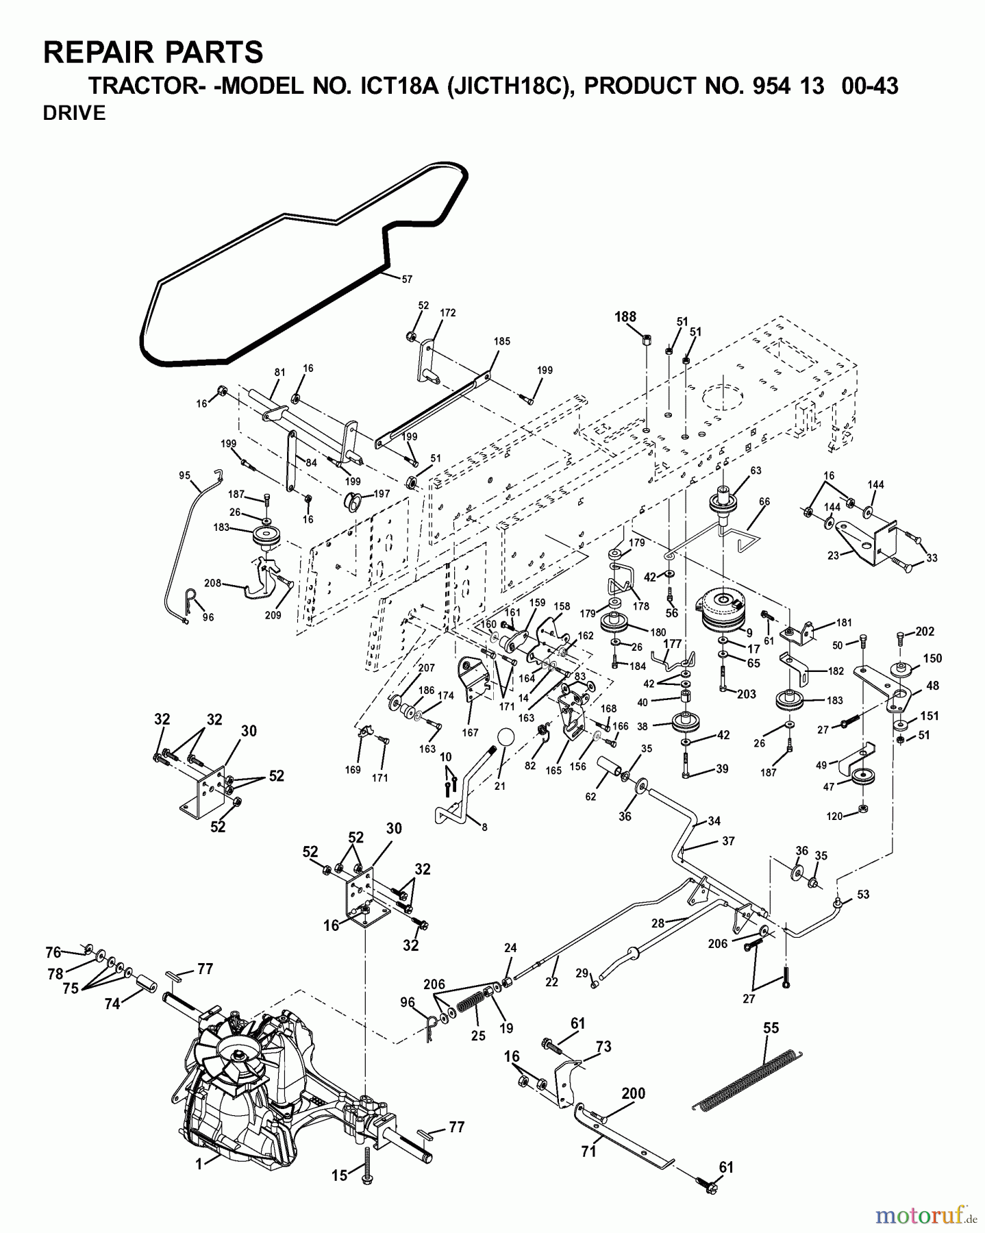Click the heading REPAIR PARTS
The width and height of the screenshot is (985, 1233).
(153, 53)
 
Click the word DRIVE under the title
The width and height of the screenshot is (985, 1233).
(74, 114)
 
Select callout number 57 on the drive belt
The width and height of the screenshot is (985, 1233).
(407, 279)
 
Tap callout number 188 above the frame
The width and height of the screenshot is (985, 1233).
(625, 316)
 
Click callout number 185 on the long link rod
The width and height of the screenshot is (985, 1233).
(501, 341)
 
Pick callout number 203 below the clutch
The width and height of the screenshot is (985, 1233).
(746, 694)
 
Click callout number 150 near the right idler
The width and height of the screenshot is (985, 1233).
(932, 658)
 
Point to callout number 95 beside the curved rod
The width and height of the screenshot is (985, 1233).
(184, 475)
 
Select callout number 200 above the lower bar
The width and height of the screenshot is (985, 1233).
(633, 1093)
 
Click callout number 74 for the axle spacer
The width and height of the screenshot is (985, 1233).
(112, 1004)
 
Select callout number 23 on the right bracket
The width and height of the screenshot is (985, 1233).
(833, 556)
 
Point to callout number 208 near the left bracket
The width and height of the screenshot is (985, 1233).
(212, 583)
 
